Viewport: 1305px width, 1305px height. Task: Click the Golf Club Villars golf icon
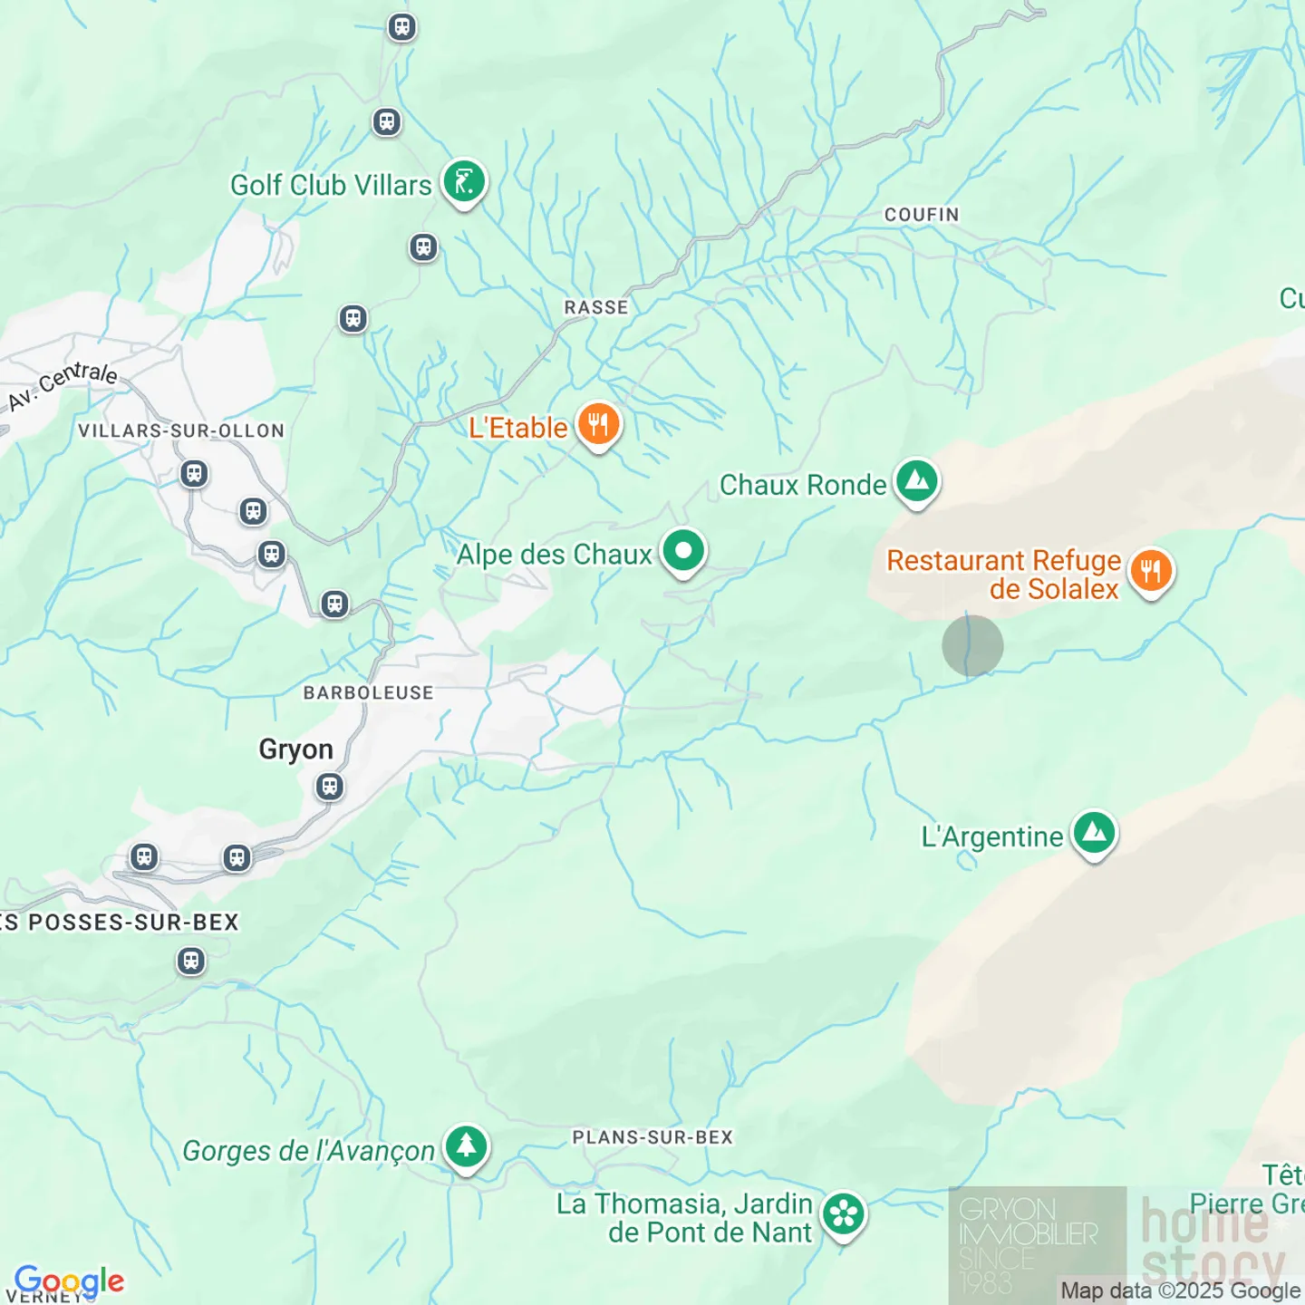pyautogui.click(x=464, y=182)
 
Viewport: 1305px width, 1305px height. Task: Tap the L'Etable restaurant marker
pyautogui.click(x=598, y=424)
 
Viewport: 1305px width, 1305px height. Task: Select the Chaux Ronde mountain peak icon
pyautogui.click(x=917, y=480)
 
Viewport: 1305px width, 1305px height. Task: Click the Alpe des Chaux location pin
pyautogui.click(x=683, y=551)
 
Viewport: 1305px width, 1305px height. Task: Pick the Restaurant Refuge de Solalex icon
pyautogui.click(x=1151, y=572)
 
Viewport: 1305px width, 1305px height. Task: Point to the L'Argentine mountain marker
pyautogui.click(x=1094, y=832)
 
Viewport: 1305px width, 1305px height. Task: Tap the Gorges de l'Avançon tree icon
pyautogui.click(x=466, y=1146)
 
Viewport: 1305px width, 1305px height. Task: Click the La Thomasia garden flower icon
pyautogui.click(x=844, y=1214)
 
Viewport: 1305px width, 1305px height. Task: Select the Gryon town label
pyautogui.click(x=295, y=749)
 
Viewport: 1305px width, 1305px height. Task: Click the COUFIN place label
pyautogui.click(x=921, y=215)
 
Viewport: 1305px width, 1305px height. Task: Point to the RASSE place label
pyautogui.click(x=595, y=308)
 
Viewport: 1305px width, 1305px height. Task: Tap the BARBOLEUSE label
pyautogui.click(x=368, y=693)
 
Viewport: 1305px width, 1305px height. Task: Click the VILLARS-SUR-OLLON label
pyautogui.click(x=181, y=431)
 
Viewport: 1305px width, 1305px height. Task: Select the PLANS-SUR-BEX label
pyautogui.click(x=652, y=1137)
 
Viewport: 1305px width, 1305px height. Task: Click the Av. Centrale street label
pyautogui.click(x=63, y=384)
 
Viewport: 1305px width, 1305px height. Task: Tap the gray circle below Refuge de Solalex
pyautogui.click(x=972, y=645)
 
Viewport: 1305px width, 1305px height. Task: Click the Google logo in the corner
pyautogui.click(x=70, y=1281)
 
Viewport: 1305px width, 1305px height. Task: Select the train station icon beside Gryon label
pyautogui.click(x=330, y=787)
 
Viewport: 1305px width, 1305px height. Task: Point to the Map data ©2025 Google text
pyautogui.click(x=1180, y=1290)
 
